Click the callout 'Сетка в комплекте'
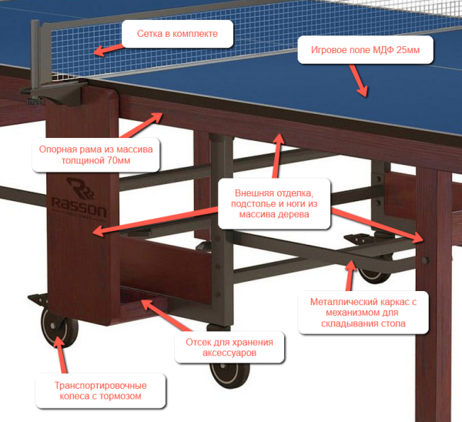[177, 34]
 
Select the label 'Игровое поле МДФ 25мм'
[365, 50]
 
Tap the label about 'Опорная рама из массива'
[95, 155]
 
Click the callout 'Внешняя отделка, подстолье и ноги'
[274, 203]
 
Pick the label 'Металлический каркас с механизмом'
[363, 313]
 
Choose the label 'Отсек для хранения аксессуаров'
[229, 347]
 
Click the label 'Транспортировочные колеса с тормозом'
[100, 390]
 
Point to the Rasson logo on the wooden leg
[79, 198]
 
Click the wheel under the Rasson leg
[59, 327]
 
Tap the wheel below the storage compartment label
[229, 375]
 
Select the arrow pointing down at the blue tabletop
[359, 80]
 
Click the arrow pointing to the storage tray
[166, 316]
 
